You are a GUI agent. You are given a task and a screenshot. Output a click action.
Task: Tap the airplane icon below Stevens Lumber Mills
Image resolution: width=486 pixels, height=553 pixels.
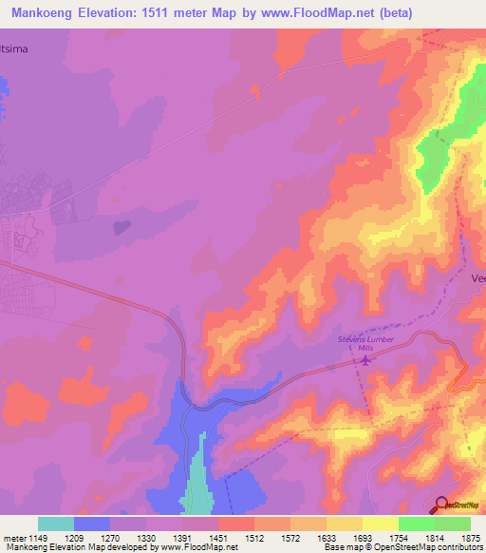364,360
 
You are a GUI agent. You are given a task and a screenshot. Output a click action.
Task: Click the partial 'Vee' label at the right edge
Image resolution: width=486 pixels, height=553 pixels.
477,278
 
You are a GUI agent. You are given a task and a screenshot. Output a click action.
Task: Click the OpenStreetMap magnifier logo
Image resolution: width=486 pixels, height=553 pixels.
441,504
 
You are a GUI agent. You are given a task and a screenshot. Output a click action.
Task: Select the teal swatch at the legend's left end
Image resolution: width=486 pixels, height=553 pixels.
56,524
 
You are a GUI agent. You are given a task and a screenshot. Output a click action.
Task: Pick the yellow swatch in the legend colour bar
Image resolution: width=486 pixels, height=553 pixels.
380,524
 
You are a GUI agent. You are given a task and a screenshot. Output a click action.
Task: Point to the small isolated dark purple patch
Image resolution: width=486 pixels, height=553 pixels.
121,227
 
